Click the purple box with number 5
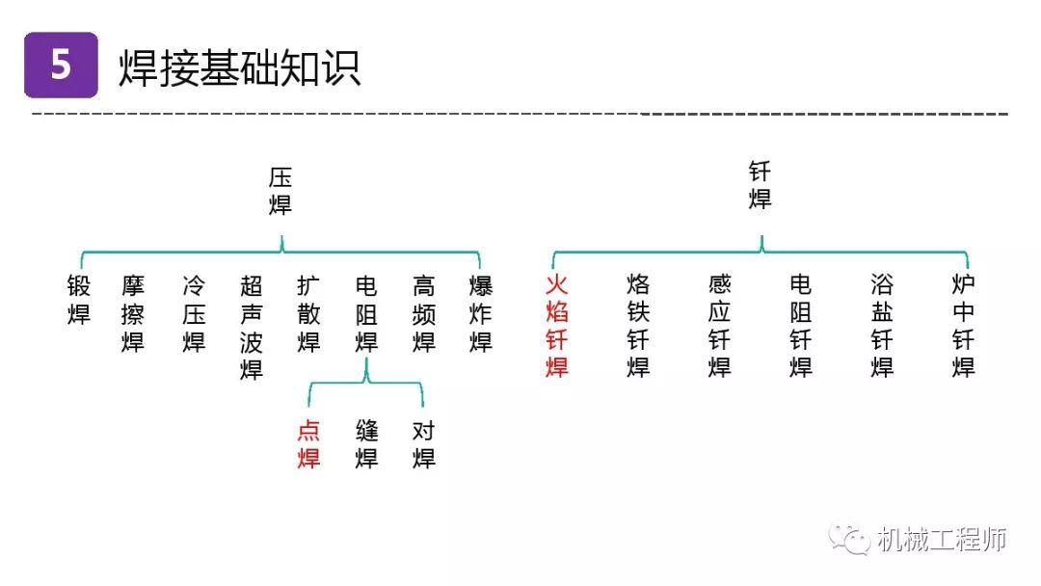[x=61, y=65]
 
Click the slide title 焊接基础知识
[x=240, y=67]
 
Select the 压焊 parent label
[x=280, y=191]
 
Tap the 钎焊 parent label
[x=761, y=185]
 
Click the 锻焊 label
[x=79, y=300]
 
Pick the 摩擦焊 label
[x=133, y=314]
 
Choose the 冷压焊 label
[x=194, y=314]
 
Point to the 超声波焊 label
[x=252, y=328]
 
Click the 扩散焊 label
[x=308, y=314]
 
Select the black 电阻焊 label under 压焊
[x=366, y=314]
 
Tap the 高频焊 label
[x=423, y=314]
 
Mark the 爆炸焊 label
[x=481, y=314]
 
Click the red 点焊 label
[x=308, y=444]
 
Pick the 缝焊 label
[x=366, y=444]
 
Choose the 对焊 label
[x=423, y=444]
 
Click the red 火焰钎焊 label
[x=557, y=326]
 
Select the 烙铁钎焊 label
[x=638, y=326]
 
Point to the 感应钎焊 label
[x=720, y=326]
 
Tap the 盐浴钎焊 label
[x=882, y=326]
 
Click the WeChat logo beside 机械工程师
[x=849, y=538]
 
